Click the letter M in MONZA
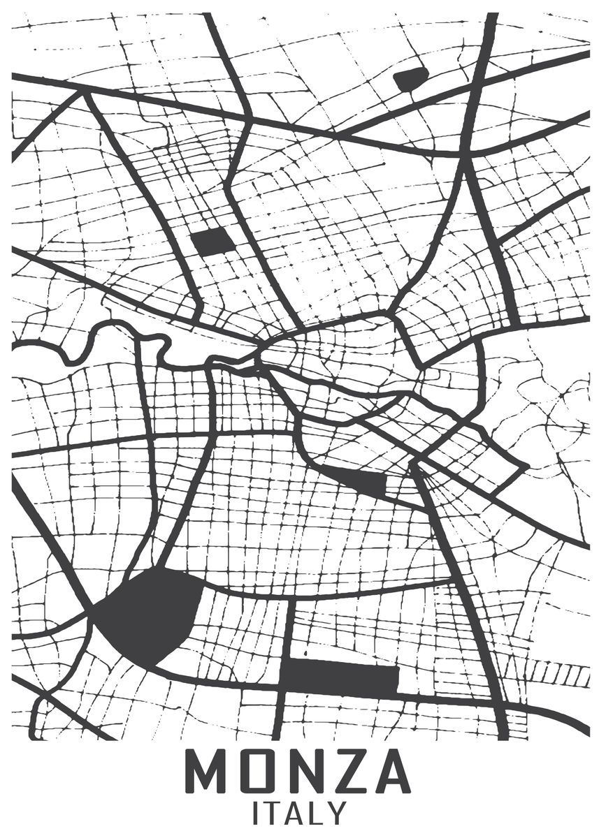click(x=207, y=772)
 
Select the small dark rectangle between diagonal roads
click(x=212, y=242)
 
